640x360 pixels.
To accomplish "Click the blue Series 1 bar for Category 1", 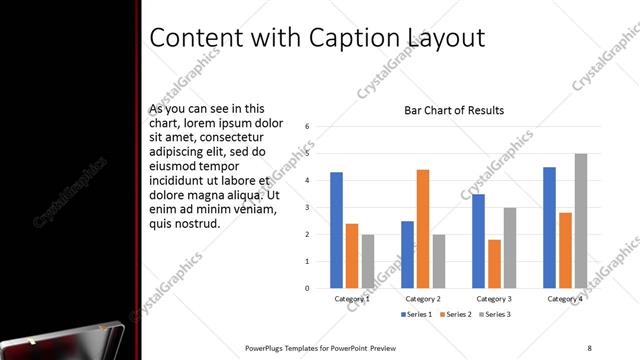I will coord(336,230).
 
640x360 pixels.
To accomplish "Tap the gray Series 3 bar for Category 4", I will coord(581,221).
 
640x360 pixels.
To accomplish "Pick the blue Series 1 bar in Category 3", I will coord(479,241).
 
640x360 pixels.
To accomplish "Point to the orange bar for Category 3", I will coord(494,264).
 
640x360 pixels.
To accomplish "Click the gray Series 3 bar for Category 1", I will coord(367,261).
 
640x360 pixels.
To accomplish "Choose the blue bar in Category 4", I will coord(550,227).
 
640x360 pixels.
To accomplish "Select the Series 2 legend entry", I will coord(455,315).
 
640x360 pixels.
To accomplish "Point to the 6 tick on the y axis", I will coord(308,127).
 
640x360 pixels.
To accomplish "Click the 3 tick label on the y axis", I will coord(308,208).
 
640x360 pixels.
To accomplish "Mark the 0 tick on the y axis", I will coord(308,288).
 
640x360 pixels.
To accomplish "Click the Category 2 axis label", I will coord(423,298).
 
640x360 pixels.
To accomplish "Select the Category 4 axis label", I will coord(565,298).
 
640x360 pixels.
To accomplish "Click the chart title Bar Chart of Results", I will coord(453,110).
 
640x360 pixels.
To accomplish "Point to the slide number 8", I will coord(589,347).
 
